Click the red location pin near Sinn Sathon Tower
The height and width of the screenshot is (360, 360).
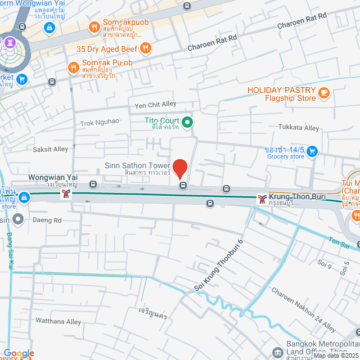tap(179, 168)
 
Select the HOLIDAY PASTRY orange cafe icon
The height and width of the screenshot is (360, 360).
tap(323, 93)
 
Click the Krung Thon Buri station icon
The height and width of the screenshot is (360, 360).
tap(262, 199)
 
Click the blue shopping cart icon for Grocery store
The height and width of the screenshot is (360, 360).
tap(313, 151)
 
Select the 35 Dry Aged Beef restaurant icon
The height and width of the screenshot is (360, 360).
tap(145, 48)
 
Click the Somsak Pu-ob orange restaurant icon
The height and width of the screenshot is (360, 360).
tap(73, 67)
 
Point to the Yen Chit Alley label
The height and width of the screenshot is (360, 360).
tap(155, 104)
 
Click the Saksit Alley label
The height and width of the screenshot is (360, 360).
tap(50, 149)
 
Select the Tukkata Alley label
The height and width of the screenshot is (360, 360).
tap(299, 128)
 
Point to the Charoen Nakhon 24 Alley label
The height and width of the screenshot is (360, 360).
tap(303, 310)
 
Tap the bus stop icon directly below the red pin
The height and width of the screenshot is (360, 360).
tap(182, 184)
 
